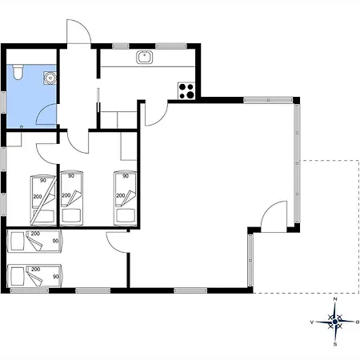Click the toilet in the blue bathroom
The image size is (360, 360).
[x=18, y=72]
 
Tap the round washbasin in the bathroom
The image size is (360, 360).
[x=50, y=78]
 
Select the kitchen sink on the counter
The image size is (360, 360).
[x=145, y=58]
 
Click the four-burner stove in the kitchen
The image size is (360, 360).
[x=186, y=90]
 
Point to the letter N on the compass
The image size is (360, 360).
[x=335, y=299]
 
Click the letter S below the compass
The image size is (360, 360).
[x=335, y=344]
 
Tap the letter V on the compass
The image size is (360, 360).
[x=312, y=322]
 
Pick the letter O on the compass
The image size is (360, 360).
[x=358, y=322]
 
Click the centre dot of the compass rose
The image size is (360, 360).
[x=335, y=322]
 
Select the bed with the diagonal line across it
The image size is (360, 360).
[x=43, y=200]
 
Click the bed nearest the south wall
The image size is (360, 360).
[x=34, y=276]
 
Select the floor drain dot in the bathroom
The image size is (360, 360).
[x=22, y=126]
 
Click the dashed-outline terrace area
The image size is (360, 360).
[x=330, y=226]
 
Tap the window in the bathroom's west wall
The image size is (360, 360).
[x=3, y=102]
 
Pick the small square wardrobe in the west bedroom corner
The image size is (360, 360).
[x=14, y=139]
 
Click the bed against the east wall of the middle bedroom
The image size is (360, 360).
[x=125, y=198]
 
